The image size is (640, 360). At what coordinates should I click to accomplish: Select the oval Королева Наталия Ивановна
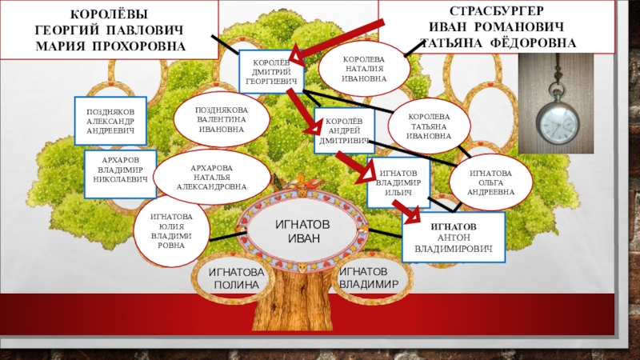[x=364, y=69]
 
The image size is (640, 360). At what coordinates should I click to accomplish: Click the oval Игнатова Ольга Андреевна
[x=490, y=182]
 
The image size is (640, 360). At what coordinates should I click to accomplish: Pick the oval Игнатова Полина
[x=234, y=278]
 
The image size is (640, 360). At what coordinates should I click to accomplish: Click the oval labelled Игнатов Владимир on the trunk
[x=369, y=278]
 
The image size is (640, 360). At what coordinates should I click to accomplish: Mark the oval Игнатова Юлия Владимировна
[x=171, y=230]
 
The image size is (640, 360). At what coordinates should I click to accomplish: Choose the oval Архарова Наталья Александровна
[x=213, y=177]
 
